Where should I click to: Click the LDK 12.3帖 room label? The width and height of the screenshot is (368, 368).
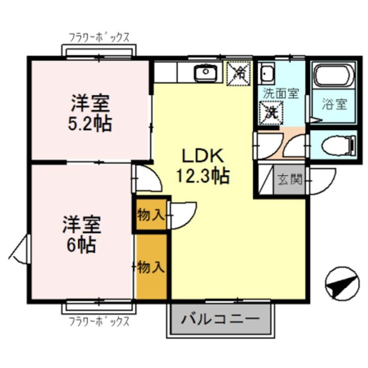[x=202, y=166]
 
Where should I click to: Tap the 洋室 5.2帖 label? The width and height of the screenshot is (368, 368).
[x=90, y=113]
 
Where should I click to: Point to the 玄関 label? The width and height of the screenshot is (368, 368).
[x=290, y=179]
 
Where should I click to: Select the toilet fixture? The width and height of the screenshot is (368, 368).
[x=339, y=145]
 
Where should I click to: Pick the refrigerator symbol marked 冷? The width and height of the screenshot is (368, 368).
[x=239, y=73]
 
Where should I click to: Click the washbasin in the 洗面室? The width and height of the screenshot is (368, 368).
[x=266, y=75]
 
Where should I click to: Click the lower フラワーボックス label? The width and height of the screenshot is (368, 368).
[x=99, y=322]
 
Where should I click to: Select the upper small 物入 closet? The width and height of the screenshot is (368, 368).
[x=150, y=215]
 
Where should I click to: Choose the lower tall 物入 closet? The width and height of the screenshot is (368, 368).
[x=152, y=266]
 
